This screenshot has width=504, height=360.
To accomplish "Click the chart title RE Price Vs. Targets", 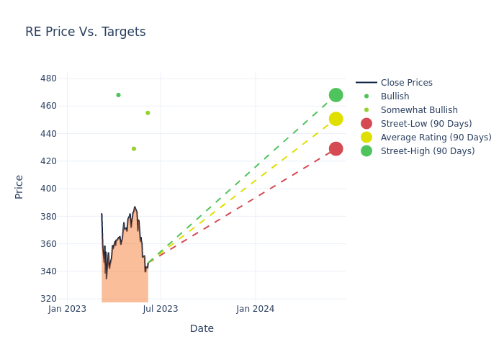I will coord(85,32).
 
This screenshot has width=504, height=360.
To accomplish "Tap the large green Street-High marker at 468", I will coord(336,95).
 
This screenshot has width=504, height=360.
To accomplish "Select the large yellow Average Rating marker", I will coord(336,119).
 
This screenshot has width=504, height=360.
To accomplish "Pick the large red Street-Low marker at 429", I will coord(336,149).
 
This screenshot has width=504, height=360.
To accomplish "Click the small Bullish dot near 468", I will coord(118,95).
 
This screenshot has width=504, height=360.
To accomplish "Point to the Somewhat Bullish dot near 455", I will coord(148,113).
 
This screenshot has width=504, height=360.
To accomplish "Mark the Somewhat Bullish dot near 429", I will coord(133,149).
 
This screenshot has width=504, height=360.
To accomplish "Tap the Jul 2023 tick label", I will coord(161,309).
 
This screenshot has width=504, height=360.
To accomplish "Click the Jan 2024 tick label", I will coord(255,309).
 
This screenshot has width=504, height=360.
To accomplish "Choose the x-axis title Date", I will coord(202,328).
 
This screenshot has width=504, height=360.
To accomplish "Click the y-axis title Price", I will coord(19,186).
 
